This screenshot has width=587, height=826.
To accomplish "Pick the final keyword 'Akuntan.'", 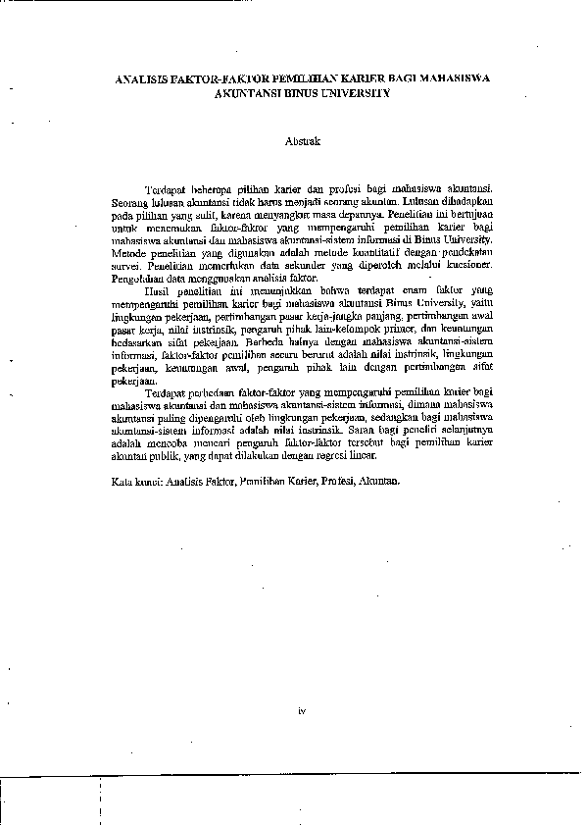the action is coord(380,482).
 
